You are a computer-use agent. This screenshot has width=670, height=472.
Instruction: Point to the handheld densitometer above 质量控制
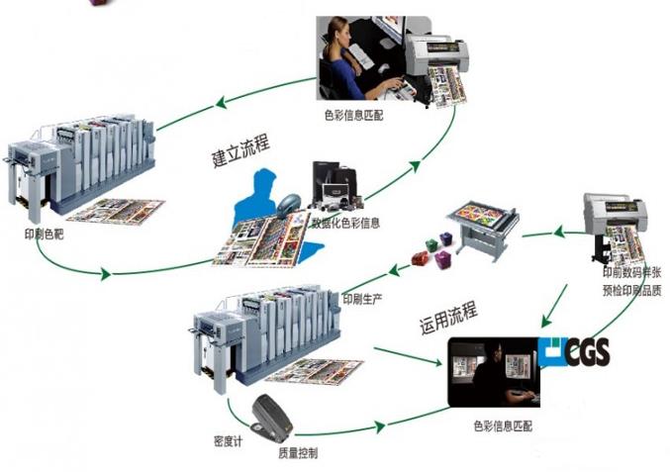[273, 418]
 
